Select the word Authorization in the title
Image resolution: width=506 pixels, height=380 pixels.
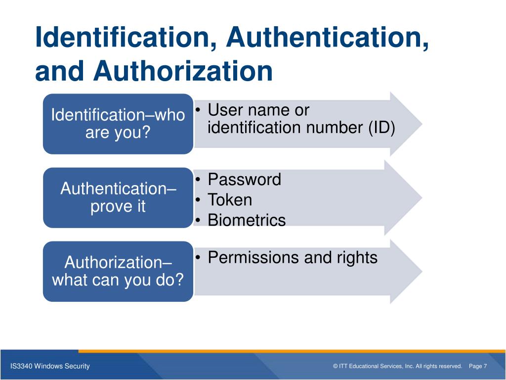click(x=183, y=71)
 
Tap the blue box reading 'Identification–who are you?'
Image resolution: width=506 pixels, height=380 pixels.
click(x=118, y=124)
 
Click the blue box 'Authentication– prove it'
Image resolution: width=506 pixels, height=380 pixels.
click(x=118, y=197)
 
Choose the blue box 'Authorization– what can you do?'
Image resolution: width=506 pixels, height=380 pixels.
click(x=118, y=271)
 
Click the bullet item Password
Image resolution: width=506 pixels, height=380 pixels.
click(x=244, y=179)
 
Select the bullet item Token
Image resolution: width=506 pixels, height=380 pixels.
click(x=230, y=200)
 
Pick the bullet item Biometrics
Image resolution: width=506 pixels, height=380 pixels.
click(x=247, y=220)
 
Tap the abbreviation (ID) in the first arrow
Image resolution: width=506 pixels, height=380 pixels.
click(x=381, y=128)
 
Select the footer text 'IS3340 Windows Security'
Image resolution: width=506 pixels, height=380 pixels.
click(x=50, y=366)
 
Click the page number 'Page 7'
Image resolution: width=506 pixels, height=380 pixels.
click(x=478, y=366)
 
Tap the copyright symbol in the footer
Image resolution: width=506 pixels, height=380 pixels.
click(x=336, y=366)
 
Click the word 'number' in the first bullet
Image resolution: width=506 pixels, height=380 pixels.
click(x=334, y=128)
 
